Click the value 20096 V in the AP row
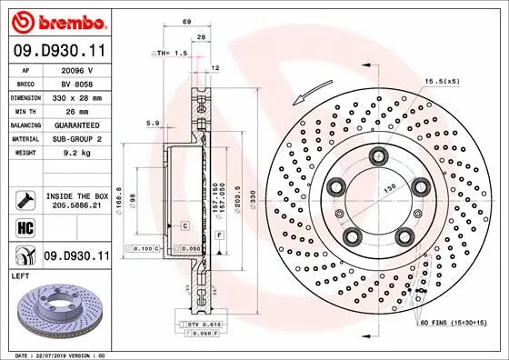click(77, 69)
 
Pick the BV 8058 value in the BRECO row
click(77, 82)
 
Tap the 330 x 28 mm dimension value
click(77, 95)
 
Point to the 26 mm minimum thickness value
click(77, 109)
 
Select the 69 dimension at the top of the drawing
click(186, 20)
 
